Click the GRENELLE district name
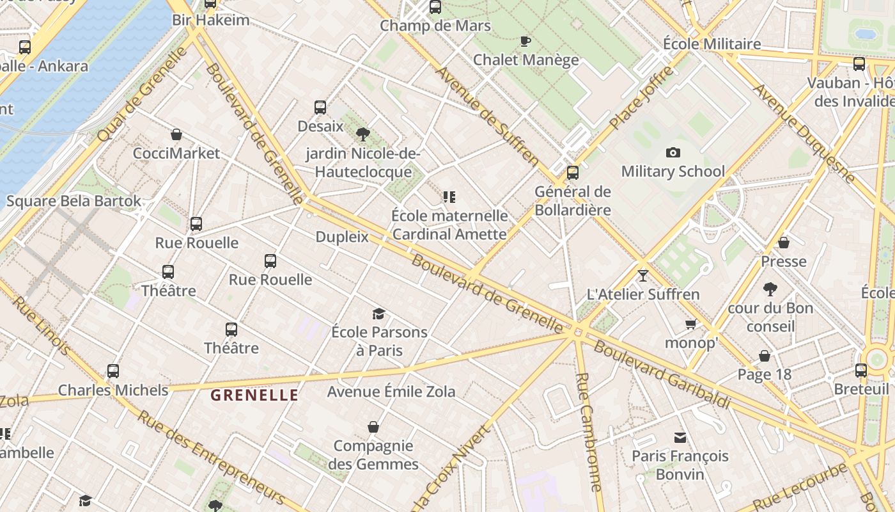254,395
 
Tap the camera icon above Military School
673,152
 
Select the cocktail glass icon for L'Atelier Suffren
642,275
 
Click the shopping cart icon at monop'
690,324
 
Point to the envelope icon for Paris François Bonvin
680,438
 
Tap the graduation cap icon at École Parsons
379,314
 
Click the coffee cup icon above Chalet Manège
525,41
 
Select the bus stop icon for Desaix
320,108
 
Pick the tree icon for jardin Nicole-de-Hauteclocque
363,134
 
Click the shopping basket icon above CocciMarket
176,134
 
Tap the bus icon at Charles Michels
113,371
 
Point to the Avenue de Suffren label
488,115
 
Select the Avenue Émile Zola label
391,391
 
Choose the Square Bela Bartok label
74,201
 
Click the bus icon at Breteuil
861,370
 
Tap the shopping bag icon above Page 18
765,356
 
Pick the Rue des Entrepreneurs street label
210,456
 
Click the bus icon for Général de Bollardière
573,172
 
